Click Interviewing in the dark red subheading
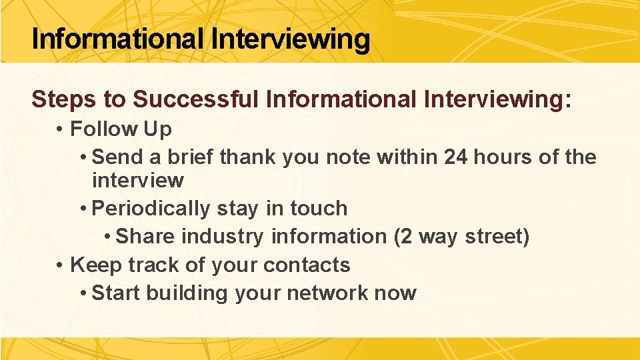coord(497,99)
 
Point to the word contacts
coord(307,265)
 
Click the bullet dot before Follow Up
coord(60,129)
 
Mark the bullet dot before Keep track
coord(60,265)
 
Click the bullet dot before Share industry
coord(108,237)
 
